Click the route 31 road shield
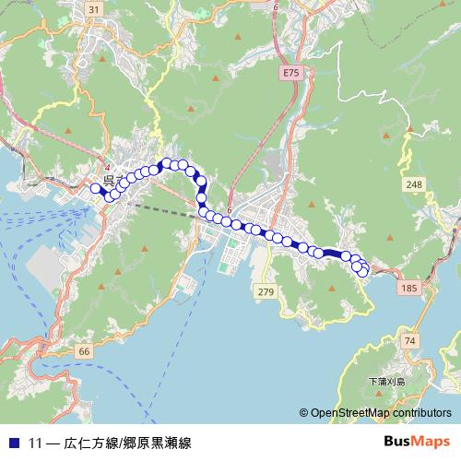pos(93,9)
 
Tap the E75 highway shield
pos(292,71)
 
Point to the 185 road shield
pos(408,289)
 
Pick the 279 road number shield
pos(266,292)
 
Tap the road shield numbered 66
pos(84,351)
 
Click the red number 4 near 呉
pos(107,166)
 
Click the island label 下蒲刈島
pos(386,381)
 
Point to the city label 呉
pos(109,178)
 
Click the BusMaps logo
pos(416,442)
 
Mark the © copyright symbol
pos(303,413)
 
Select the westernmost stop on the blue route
pos(94,188)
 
